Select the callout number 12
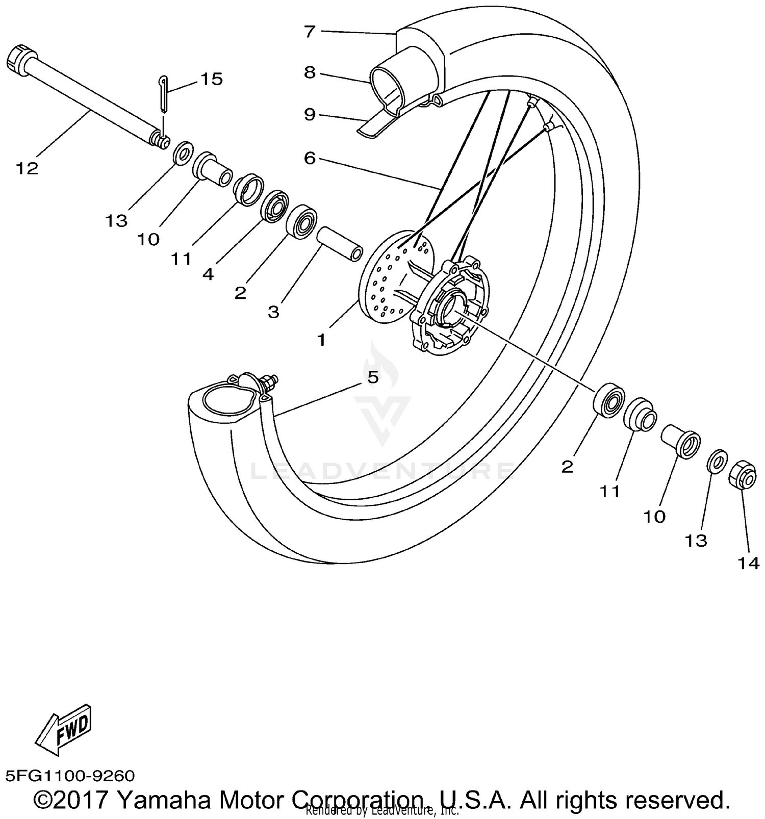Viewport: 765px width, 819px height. [x=27, y=168]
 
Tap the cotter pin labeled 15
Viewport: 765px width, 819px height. [x=162, y=93]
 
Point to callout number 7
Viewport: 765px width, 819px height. [x=310, y=32]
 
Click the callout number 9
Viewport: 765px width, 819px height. [x=310, y=115]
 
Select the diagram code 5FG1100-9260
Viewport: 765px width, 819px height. [x=70, y=776]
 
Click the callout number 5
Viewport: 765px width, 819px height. [x=373, y=377]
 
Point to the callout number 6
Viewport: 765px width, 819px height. [x=310, y=159]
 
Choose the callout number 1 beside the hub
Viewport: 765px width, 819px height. [x=321, y=339]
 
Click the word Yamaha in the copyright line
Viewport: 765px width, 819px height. [x=164, y=800]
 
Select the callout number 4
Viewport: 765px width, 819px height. [x=208, y=274]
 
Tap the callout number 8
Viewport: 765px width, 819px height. [x=310, y=72]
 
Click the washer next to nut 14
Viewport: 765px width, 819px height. [x=717, y=461]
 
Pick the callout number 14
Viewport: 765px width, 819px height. [x=748, y=564]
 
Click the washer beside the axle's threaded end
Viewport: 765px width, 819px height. [x=183, y=152]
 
